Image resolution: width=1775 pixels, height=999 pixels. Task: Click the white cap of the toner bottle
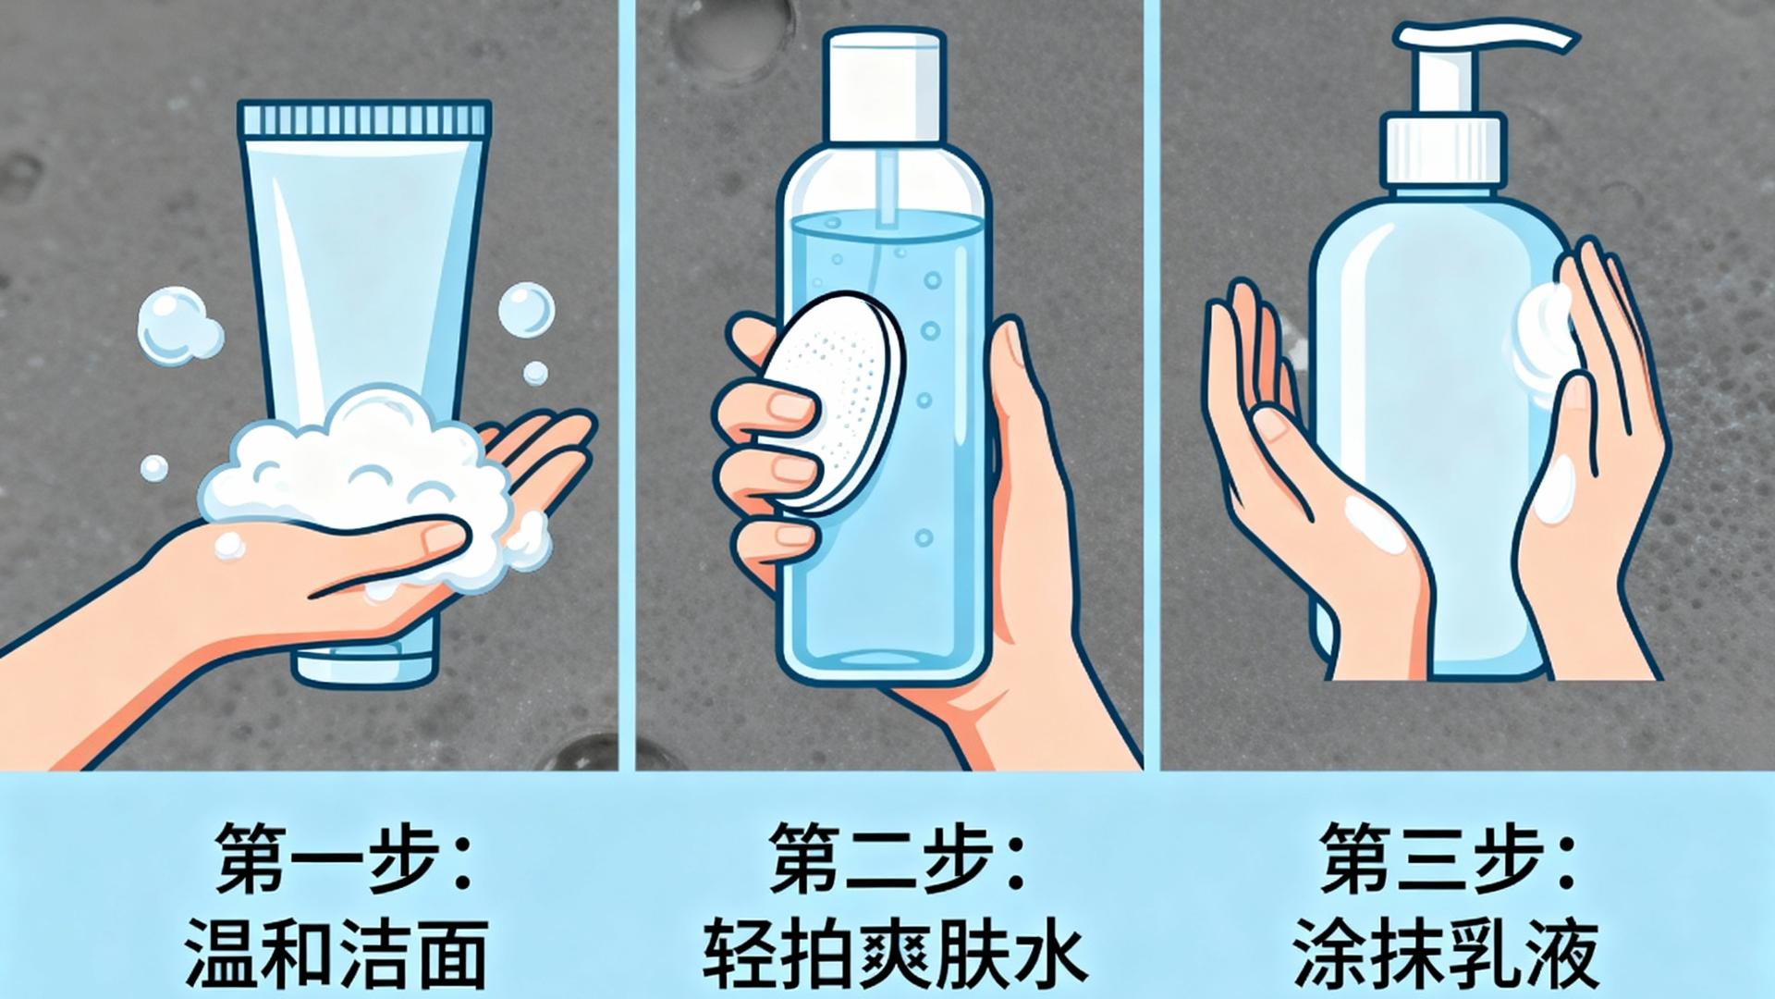pyautogui.click(x=886, y=83)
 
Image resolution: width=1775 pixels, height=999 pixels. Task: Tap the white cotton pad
pyautogui.click(x=832, y=402)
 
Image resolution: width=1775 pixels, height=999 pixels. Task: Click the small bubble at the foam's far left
pyautogui.click(x=154, y=468)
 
